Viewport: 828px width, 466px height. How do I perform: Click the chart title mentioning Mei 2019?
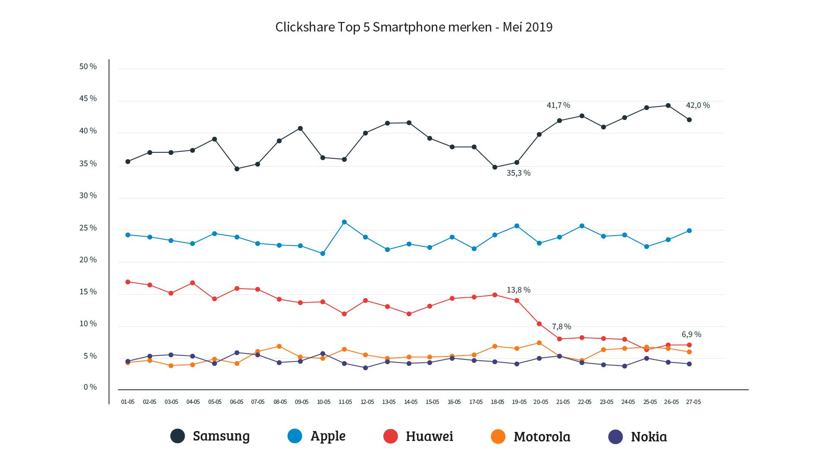point(414,27)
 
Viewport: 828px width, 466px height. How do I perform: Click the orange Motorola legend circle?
point(498,436)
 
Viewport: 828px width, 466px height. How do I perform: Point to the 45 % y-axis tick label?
point(88,98)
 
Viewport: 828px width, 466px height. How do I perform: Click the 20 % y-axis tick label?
point(88,260)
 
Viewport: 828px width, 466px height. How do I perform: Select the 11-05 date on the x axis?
point(345,402)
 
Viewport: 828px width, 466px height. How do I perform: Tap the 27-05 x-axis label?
point(693,402)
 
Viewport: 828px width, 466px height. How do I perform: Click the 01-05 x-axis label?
point(128,402)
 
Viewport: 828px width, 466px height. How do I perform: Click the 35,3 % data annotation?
point(518,173)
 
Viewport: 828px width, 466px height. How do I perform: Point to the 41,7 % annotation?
point(558,105)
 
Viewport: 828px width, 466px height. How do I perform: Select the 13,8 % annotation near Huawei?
point(518,290)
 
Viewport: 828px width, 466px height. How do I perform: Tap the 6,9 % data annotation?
point(691,334)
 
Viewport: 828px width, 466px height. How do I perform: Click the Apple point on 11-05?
point(344,222)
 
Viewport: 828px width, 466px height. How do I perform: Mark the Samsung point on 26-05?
point(668,106)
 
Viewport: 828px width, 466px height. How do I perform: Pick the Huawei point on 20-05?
point(539,324)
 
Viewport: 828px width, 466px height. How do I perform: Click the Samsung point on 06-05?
point(237,169)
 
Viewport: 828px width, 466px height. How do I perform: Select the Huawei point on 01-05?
point(128,282)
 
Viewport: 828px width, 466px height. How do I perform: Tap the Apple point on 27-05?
point(689,231)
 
